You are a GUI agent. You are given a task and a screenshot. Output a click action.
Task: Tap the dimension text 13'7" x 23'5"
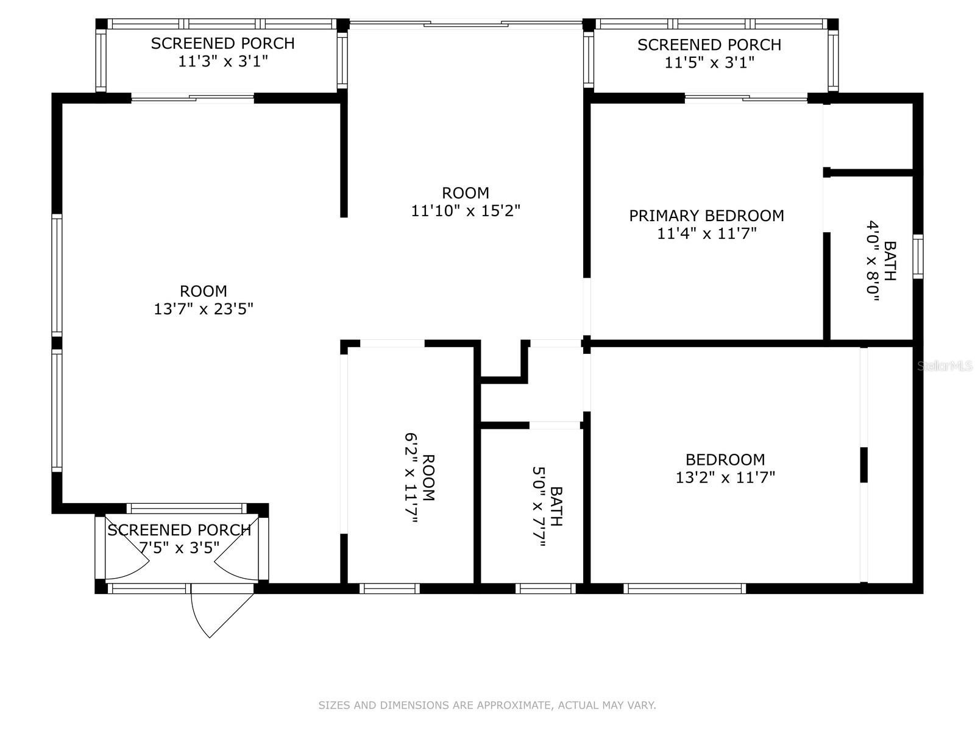(204, 308)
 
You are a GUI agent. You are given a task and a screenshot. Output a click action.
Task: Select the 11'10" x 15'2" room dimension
(466, 210)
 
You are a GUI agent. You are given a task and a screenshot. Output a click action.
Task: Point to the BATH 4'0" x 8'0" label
(881, 261)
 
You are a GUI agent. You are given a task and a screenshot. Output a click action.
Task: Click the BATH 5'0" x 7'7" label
(548, 506)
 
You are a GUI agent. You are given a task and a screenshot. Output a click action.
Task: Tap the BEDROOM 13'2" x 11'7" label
(725, 468)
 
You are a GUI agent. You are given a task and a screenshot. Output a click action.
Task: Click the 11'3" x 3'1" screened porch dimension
(223, 61)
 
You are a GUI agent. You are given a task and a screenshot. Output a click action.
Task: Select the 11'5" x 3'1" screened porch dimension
(709, 63)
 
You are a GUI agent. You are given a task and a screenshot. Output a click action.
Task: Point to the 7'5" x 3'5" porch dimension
(179, 548)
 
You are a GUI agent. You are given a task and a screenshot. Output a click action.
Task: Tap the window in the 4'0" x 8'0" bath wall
(918, 256)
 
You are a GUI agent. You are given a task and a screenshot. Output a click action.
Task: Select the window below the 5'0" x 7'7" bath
(546, 588)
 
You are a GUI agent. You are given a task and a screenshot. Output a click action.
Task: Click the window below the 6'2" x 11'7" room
(389, 588)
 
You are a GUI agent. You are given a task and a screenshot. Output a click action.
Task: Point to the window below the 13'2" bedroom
(685, 588)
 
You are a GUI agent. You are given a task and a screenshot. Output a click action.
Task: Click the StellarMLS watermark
(945, 365)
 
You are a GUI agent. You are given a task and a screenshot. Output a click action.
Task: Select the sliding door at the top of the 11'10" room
(466, 23)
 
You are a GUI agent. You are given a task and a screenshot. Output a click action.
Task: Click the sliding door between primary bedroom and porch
(746, 98)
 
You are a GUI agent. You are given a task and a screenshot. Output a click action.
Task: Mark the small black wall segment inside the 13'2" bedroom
(863, 465)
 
